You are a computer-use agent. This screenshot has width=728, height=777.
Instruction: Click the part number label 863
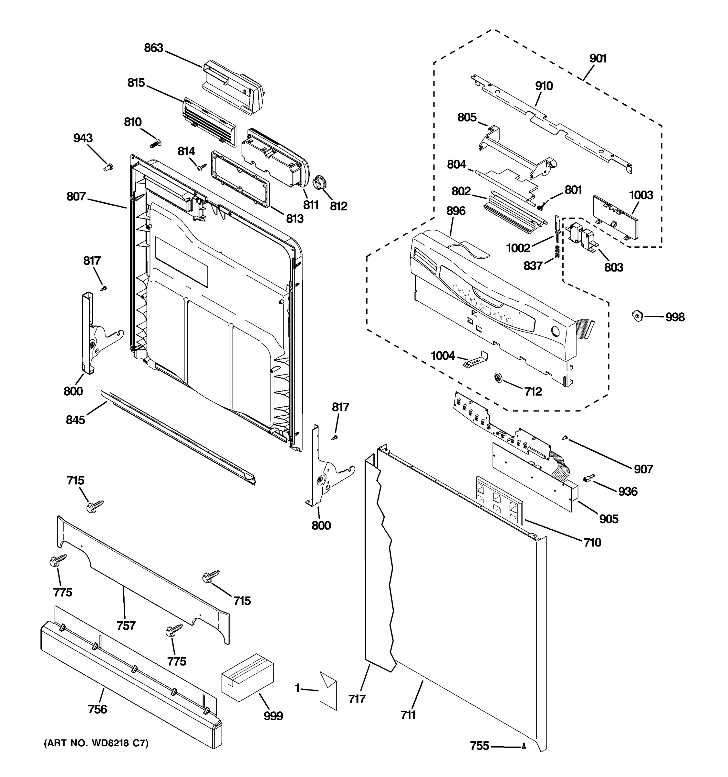(x=153, y=48)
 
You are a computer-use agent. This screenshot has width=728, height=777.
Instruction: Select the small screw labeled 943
(x=108, y=167)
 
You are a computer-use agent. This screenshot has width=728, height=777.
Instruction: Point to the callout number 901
(x=598, y=59)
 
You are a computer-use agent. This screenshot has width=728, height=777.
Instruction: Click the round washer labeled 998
(x=637, y=315)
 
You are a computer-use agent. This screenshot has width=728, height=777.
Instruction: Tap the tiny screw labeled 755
(x=524, y=747)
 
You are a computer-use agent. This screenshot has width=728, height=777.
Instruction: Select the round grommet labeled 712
(x=499, y=378)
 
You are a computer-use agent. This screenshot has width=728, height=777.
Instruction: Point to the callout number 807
(x=76, y=196)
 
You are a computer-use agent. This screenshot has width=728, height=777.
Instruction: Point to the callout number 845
(x=75, y=420)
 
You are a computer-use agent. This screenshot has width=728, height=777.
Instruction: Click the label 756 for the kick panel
(x=97, y=709)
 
